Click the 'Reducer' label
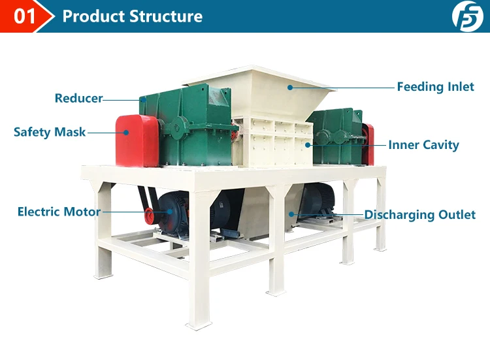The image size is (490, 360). click(x=78, y=99)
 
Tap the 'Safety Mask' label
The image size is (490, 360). click(x=50, y=132)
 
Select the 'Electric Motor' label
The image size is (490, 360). click(x=59, y=212)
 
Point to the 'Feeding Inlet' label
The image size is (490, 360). click(x=435, y=87)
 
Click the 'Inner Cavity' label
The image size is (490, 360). click(x=423, y=145)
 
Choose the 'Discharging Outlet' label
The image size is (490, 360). click(x=419, y=214)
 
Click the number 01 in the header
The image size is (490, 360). click(x=24, y=16)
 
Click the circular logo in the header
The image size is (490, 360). click(x=468, y=16)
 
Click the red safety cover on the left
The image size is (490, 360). click(x=136, y=140)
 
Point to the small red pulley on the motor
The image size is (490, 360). click(x=149, y=212)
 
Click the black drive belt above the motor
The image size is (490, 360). click(x=142, y=197)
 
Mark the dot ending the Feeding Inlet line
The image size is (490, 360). click(x=288, y=86)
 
